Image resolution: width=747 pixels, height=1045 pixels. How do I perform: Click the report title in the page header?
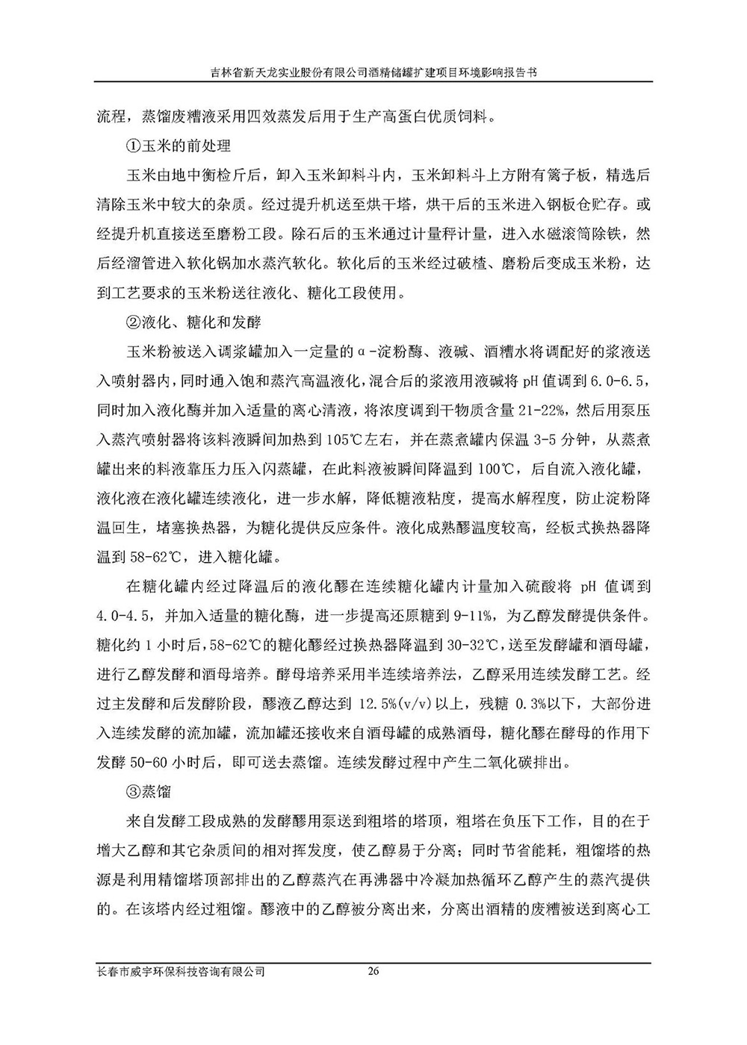point(373,72)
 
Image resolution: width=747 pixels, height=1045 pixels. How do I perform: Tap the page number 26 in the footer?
point(373,971)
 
